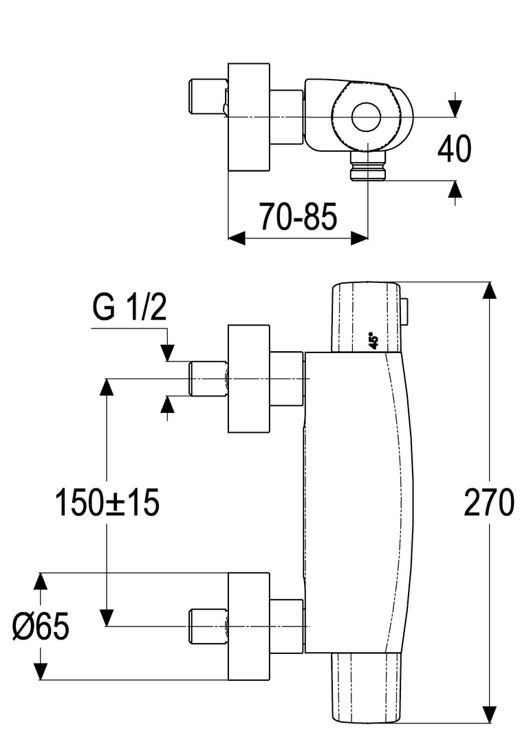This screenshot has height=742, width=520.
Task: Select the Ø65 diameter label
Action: pyautogui.click(x=41, y=627)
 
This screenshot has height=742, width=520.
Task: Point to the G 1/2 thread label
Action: pyautogui.click(x=130, y=308)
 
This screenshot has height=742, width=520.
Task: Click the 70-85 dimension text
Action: pyautogui.click(x=298, y=218)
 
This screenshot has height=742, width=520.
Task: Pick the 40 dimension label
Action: pyautogui.click(x=454, y=149)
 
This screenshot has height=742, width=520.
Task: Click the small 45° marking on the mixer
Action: pyautogui.click(x=373, y=341)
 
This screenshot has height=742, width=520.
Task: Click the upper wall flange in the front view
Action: pyautogui.click(x=250, y=379)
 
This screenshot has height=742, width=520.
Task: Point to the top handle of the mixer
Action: pyautogui.click(x=365, y=316)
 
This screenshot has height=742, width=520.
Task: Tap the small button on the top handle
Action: pyautogui.click(x=405, y=311)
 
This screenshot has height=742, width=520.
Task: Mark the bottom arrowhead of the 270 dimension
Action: pyautogui.click(x=489, y=715)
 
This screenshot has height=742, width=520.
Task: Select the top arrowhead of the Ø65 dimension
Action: pyautogui.click(x=41, y=581)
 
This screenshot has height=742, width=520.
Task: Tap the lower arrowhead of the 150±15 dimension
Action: pyautogui.click(x=106, y=618)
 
